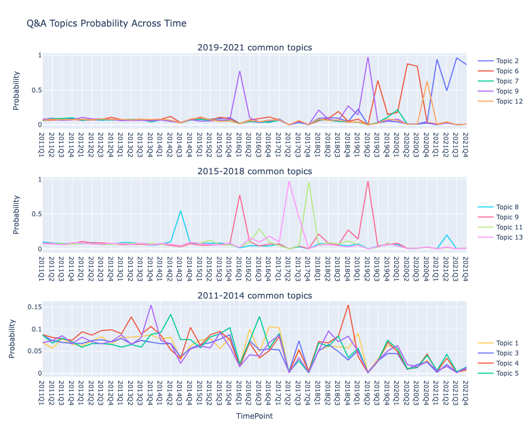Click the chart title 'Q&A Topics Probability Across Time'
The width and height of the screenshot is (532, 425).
[x=106, y=23]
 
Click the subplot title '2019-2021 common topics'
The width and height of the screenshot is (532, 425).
[x=254, y=48]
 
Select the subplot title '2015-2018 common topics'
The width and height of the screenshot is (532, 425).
[x=254, y=171]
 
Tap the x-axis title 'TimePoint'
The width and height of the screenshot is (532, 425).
[x=254, y=416]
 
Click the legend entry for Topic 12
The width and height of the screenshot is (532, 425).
[x=509, y=101]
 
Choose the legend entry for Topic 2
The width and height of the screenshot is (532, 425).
[x=506, y=61]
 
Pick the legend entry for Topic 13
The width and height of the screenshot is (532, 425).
[x=509, y=237]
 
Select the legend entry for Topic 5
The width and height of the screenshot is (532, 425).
[x=506, y=373]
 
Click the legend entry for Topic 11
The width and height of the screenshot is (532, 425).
[x=509, y=227]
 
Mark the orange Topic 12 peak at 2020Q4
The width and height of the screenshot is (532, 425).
[x=427, y=81]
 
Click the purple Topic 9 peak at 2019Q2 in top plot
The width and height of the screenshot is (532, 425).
[x=368, y=57]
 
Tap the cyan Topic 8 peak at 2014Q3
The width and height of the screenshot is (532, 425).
[x=181, y=211]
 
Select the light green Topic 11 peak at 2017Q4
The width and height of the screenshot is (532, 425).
[x=309, y=182]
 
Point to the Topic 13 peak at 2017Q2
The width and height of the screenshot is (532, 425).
[x=289, y=181]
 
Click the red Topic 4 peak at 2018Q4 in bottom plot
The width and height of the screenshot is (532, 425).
[x=348, y=305]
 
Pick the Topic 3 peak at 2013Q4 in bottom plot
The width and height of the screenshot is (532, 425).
[x=151, y=305]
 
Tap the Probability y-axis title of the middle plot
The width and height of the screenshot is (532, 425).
[x=16, y=214]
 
